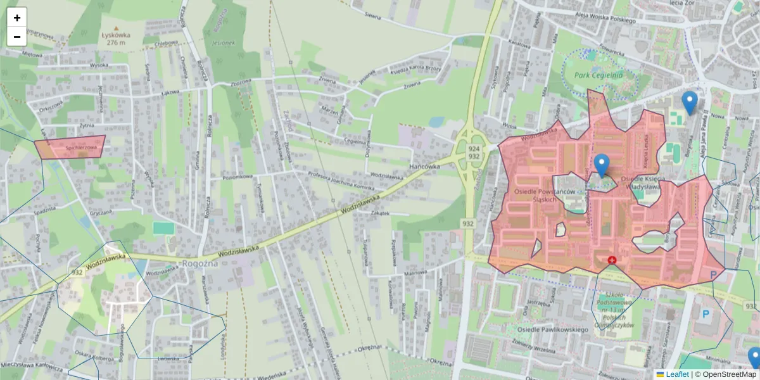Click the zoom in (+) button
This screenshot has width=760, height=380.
click(x=17, y=17)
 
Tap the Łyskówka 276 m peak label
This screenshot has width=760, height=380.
click(x=115, y=39)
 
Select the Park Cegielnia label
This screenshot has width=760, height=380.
click(x=598, y=75)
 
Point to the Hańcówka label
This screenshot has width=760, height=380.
click(x=424, y=167)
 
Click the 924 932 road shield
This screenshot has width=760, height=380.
click(x=473, y=152)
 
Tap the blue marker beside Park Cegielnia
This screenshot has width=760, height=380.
click(x=689, y=103)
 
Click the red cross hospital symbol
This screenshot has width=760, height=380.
click(x=612, y=260)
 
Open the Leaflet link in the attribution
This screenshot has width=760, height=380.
click(x=676, y=374)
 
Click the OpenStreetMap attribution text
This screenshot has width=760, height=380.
click(x=729, y=374)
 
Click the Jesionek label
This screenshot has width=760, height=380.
click(x=224, y=44)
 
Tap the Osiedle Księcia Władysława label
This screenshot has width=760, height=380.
click(x=643, y=183)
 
